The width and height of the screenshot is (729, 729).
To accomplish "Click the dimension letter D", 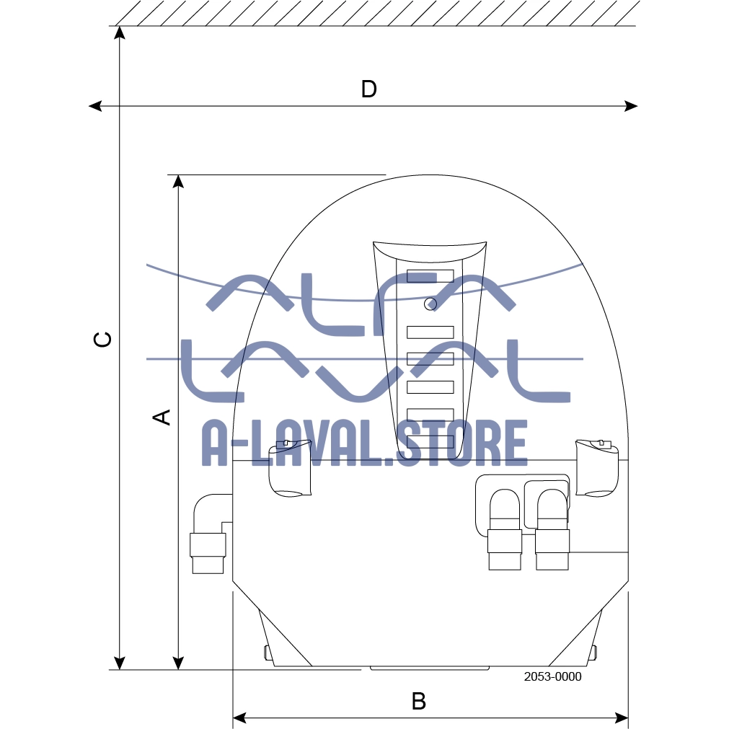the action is [x=368, y=89].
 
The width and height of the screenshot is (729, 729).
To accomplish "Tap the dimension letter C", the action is [x=102, y=340].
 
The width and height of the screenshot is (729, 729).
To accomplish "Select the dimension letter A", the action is [x=162, y=417].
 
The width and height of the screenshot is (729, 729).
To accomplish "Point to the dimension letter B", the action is [x=419, y=701].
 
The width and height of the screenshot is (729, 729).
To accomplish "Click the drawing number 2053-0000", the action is [x=552, y=676].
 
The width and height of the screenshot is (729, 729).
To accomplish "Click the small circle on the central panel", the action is [x=430, y=304].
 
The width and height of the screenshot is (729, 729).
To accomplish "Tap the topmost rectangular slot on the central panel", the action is [x=430, y=276].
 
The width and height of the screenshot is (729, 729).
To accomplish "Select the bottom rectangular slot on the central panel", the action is [x=430, y=442].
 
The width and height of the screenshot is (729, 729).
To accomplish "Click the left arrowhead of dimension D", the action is [x=95, y=106].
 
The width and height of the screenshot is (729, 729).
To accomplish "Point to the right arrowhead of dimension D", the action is [x=631, y=106].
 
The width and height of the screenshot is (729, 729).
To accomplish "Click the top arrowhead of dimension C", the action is [x=120, y=32].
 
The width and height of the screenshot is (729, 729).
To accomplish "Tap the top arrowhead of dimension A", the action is [x=178, y=182].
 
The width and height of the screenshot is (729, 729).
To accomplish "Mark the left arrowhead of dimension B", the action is [x=239, y=718].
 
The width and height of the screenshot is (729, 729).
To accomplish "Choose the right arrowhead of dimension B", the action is [x=622, y=718].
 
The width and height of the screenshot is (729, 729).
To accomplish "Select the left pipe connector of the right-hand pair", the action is [x=505, y=529].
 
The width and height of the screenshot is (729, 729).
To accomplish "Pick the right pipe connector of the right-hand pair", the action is [x=552, y=529].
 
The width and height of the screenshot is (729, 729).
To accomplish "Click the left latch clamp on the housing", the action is [x=290, y=468].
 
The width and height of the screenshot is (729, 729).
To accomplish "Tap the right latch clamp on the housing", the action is [x=597, y=468].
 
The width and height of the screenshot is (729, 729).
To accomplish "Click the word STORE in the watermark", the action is [x=461, y=443].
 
